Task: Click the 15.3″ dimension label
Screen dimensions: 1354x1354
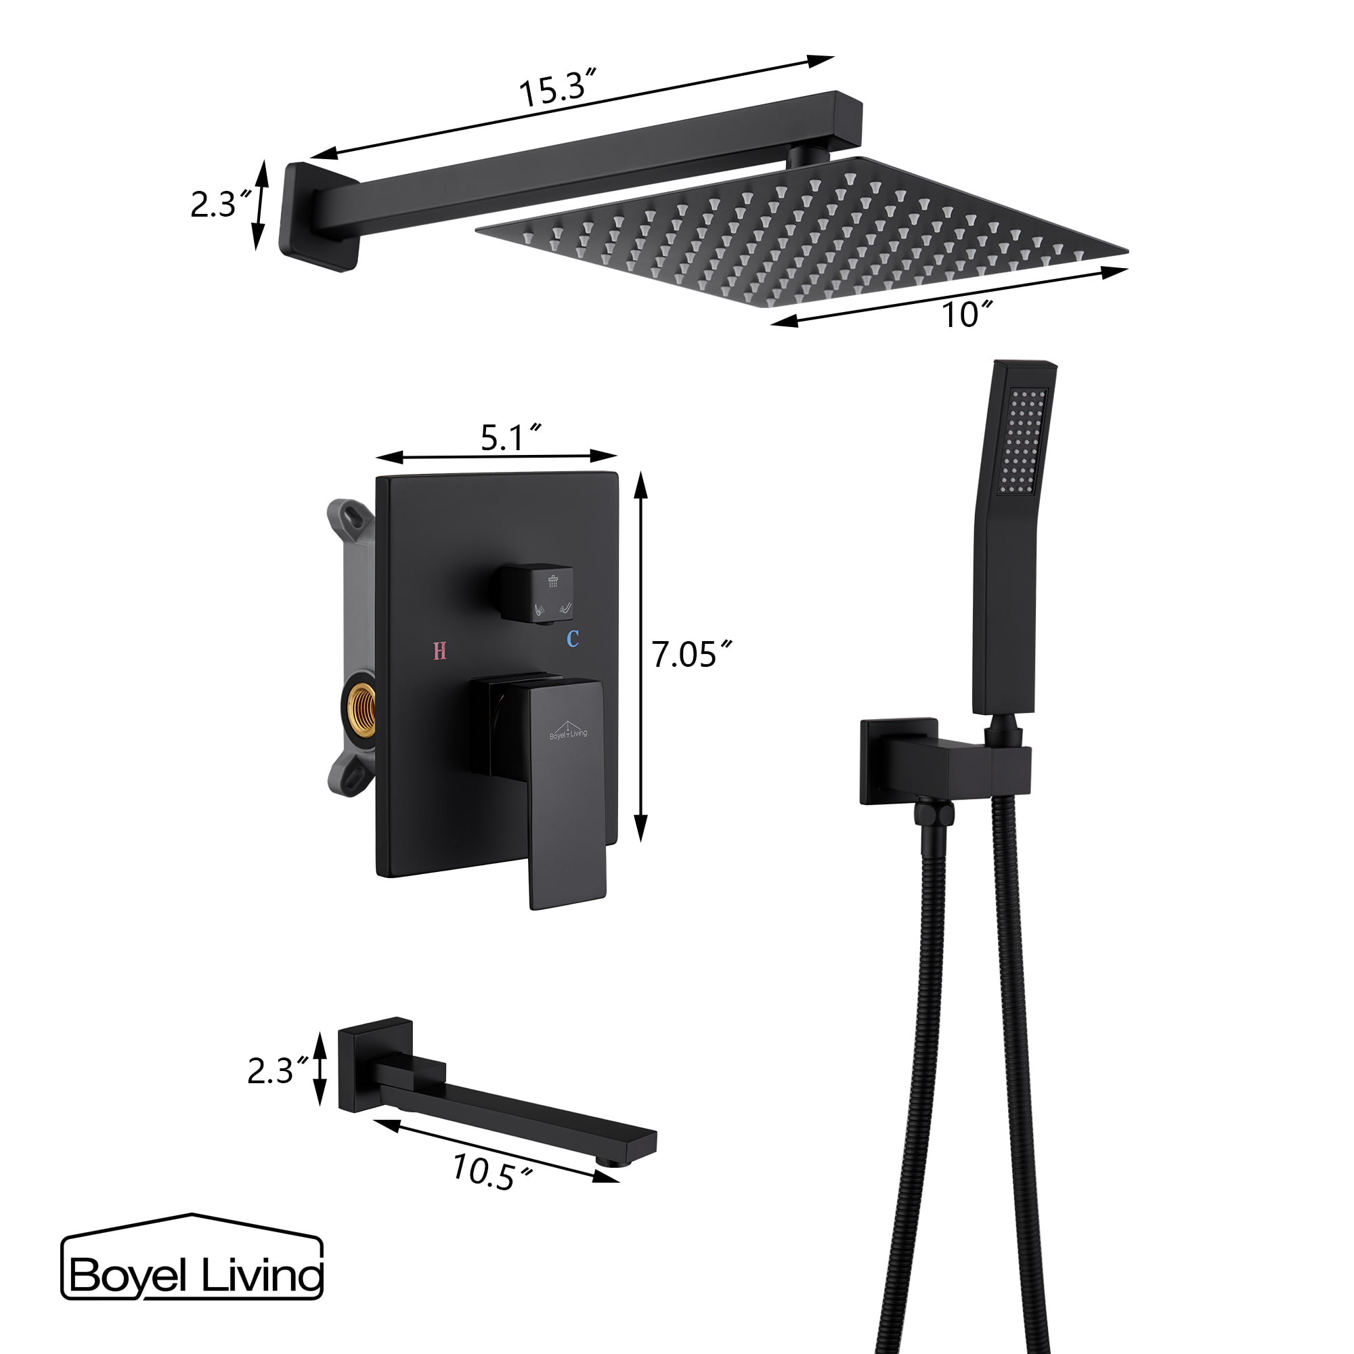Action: pos(557,89)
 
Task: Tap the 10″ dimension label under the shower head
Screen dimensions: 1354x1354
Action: pos(967,315)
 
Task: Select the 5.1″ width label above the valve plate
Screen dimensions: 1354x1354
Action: pos(510,438)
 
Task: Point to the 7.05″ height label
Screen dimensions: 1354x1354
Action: pos(691,655)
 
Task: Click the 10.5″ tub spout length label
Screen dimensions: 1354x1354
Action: pos(492,1171)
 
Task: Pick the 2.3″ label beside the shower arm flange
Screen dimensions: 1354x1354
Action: pos(220,204)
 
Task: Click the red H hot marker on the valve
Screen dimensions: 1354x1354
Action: pos(439,651)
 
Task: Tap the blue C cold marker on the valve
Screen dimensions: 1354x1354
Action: pos(573,639)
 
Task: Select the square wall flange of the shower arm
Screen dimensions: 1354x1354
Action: pos(317,216)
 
